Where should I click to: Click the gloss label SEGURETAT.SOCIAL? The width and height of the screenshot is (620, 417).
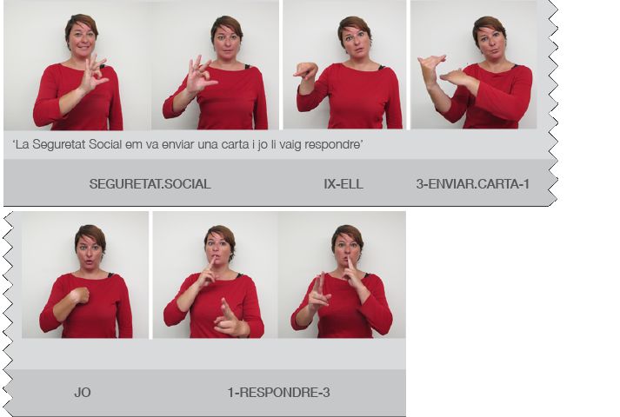tap(150, 184)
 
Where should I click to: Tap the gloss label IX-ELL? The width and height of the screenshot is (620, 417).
tap(343, 184)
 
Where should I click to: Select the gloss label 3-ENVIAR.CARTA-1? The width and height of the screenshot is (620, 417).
tap(472, 184)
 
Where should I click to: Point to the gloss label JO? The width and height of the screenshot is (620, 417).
tap(83, 393)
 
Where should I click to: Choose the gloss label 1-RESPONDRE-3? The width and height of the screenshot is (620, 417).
tap(278, 393)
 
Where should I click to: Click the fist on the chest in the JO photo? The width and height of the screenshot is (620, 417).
tap(79, 295)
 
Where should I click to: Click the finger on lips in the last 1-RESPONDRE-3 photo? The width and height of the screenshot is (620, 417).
tap(350, 265)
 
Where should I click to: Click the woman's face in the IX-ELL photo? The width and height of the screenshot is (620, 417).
tap(354, 40)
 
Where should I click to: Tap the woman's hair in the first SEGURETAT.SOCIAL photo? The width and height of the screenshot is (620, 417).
tap(82, 23)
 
